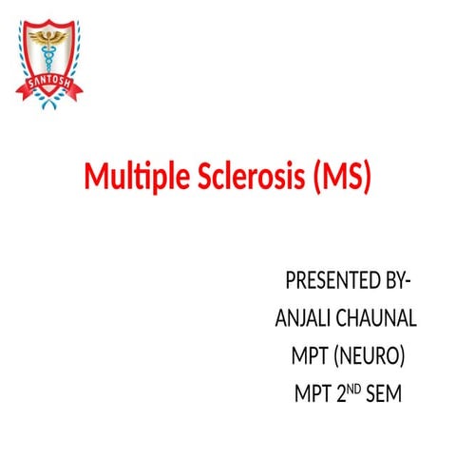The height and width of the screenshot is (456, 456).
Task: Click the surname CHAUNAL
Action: [381, 318]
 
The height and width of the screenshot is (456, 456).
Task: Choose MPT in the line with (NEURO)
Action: [311, 354]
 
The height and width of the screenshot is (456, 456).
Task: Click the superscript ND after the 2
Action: [354, 385]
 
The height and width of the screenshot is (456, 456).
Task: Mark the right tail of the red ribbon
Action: [83, 91]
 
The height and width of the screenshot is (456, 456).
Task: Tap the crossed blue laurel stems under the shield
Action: [53, 101]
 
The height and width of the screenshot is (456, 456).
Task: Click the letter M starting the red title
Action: [96, 178]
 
